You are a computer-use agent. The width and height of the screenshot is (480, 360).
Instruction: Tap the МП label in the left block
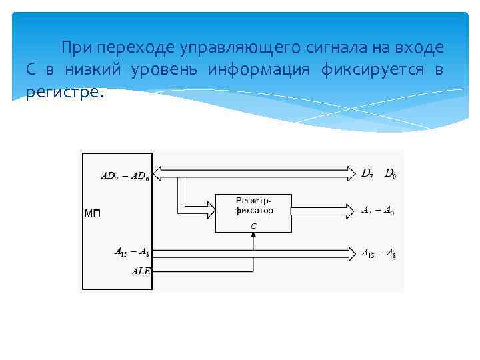[x=92, y=213]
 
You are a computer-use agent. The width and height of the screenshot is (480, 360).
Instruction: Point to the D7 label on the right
[x=367, y=174]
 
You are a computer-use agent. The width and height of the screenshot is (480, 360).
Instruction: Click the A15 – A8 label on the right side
[x=377, y=253]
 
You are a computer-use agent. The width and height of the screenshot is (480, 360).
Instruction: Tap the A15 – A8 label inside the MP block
[x=131, y=252]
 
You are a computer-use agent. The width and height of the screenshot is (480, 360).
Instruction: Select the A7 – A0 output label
[x=377, y=211]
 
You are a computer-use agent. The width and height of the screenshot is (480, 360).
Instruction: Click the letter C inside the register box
[x=253, y=226]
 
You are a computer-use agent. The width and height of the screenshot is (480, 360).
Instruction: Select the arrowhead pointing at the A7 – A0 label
[x=351, y=211]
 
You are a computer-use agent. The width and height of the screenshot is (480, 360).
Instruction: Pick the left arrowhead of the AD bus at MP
[x=158, y=174]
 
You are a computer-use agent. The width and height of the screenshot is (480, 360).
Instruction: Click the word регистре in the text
[x=64, y=93]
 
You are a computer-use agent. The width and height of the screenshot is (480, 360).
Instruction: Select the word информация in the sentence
[x=258, y=70]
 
